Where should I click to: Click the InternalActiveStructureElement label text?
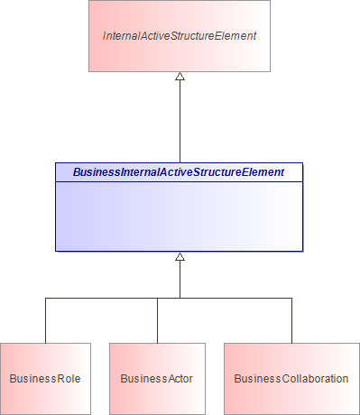(x=180, y=36)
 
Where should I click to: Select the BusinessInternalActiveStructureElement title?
(x=179, y=171)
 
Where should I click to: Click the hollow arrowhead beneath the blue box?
(x=180, y=257)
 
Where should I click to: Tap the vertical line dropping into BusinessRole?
(x=45, y=320)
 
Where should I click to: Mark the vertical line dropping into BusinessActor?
(x=157, y=321)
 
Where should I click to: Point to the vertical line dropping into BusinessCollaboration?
(x=291, y=320)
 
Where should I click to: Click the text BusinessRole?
(x=45, y=378)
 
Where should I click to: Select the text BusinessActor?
(x=157, y=378)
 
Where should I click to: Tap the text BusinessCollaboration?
(x=291, y=378)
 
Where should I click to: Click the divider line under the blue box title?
(x=179, y=180)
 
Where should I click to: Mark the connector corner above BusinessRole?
(x=45, y=298)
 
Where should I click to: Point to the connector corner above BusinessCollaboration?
(x=291, y=298)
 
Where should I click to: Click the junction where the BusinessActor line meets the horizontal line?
(x=157, y=298)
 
